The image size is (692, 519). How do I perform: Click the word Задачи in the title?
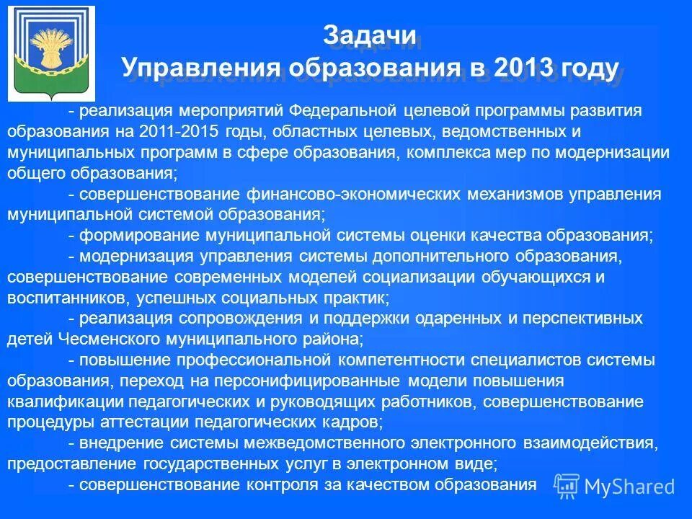[x=368, y=36]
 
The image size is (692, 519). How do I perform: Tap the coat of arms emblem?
[x=50, y=53]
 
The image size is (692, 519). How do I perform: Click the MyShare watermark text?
[x=629, y=487]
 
